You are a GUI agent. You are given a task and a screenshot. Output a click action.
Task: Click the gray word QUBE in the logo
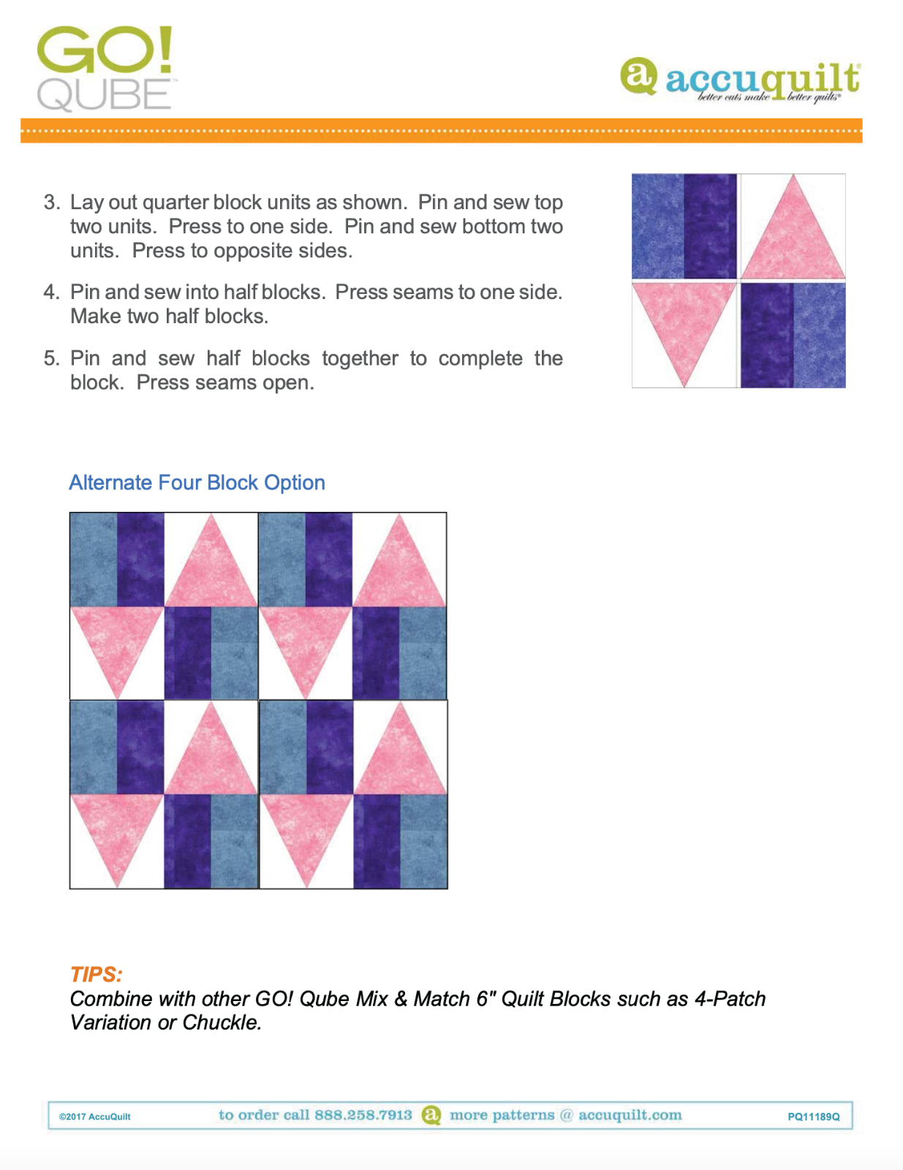pos(104,95)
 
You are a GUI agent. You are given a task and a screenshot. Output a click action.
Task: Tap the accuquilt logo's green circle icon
pos(638,76)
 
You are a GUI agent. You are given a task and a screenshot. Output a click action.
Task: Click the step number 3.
pos(50,203)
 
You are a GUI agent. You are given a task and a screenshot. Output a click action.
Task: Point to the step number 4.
pos(50,292)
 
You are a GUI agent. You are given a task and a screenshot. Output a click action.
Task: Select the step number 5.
pos(50,358)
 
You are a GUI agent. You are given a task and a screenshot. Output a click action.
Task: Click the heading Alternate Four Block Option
pos(197,483)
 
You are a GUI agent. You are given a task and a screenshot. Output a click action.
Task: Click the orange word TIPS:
pos(96,974)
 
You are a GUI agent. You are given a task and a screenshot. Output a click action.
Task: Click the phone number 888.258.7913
pos(363,1115)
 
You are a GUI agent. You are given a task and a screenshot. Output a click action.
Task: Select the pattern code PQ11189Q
pos(813,1117)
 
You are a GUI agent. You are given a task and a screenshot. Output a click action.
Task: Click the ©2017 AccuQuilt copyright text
pos(95,1117)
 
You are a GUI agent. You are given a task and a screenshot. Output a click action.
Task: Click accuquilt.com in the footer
pos(630,1115)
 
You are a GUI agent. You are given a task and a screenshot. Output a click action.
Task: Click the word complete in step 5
pos(480,358)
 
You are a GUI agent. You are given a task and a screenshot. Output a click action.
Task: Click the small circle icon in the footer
pos(431,1115)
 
